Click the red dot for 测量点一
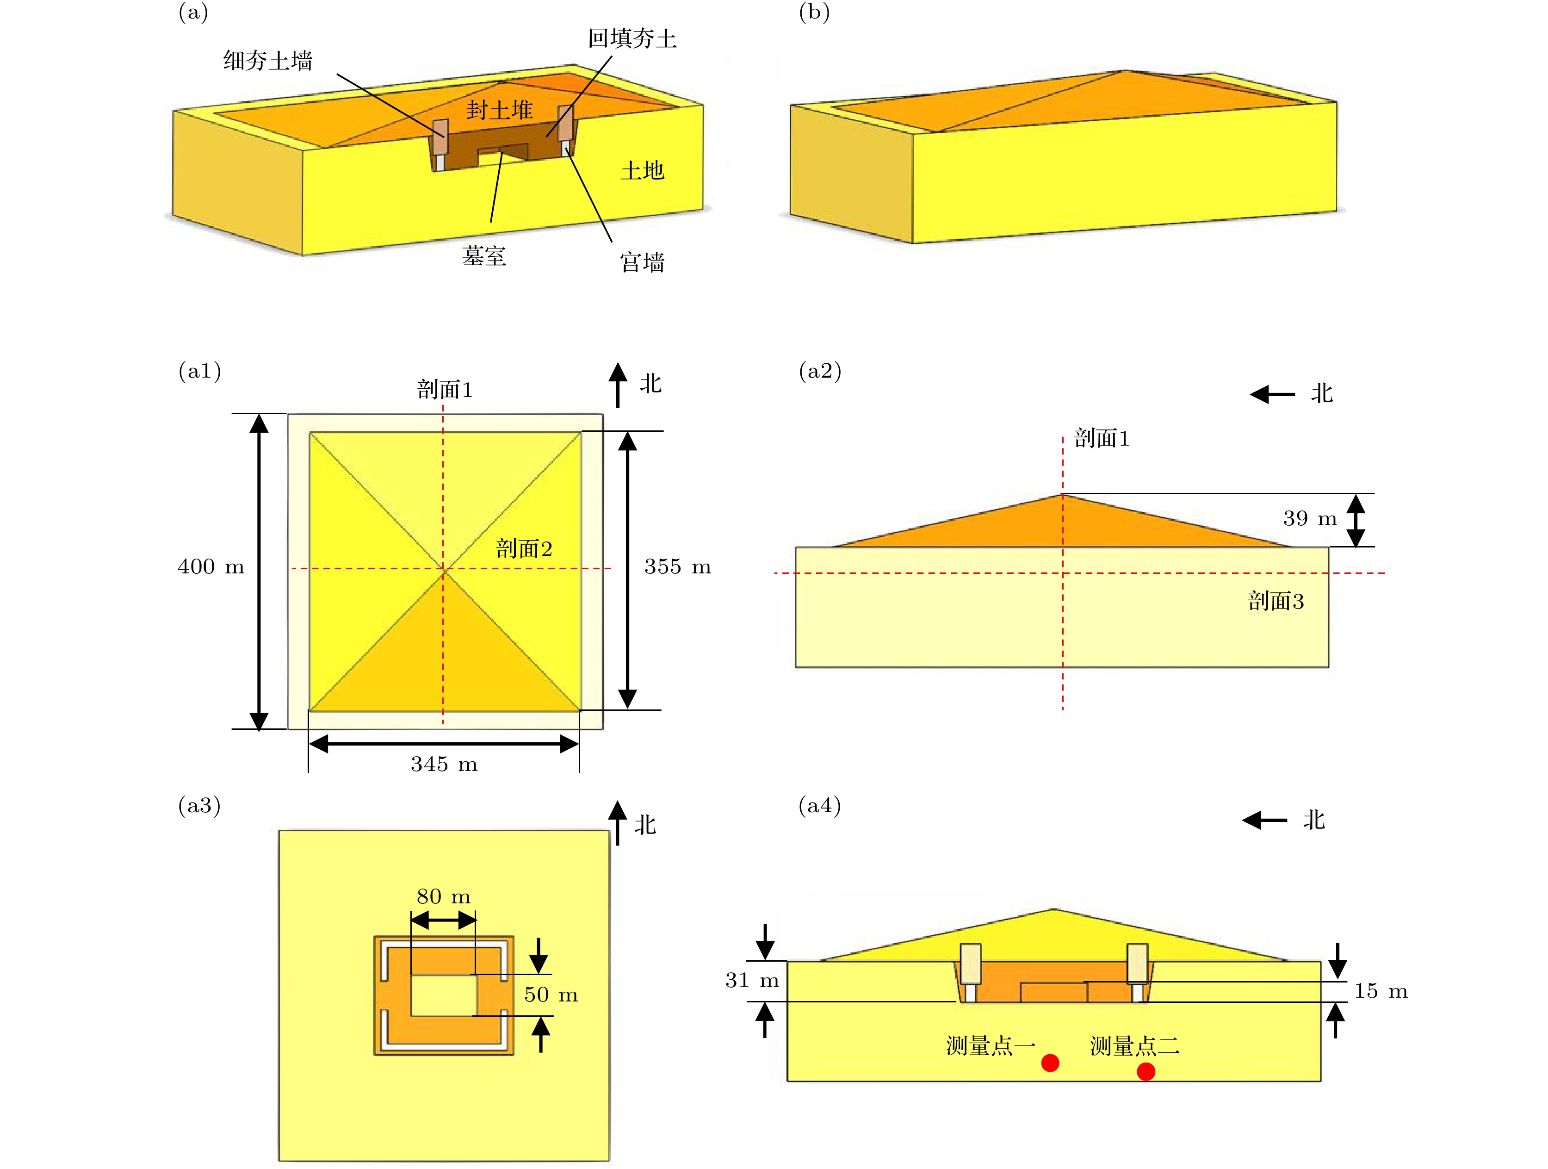click(x=1050, y=1063)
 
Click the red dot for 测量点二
click(x=1146, y=1071)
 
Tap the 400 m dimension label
click(x=211, y=566)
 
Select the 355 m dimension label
click(x=677, y=566)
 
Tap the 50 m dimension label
click(x=551, y=994)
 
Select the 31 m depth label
click(x=752, y=980)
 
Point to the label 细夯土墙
click(x=268, y=61)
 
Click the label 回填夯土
click(x=632, y=38)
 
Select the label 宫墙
click(x=643, y=262)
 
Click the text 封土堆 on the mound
click(x=500, y=110)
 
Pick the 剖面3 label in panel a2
click(x=1276, y=601)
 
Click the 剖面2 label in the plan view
click(x=524, y=548)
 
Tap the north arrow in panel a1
click(x=617, y=384)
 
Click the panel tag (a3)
click(x=199, y=806)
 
